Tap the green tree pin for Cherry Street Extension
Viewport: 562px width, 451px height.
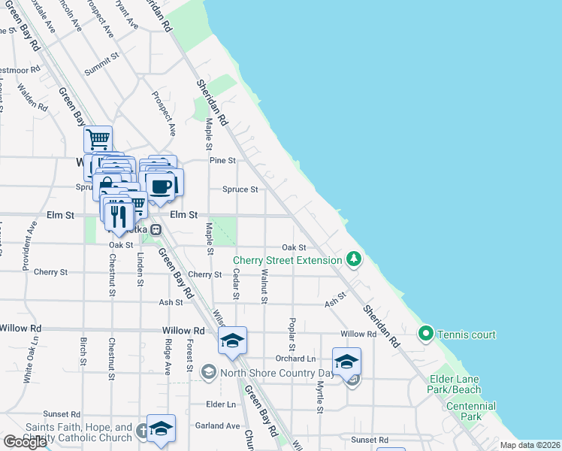(x=354, y=260)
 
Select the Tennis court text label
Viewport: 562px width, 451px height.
(x=467, y=334)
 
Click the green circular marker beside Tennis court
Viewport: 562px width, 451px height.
(x=425, y=332)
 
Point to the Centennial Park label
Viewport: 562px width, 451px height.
(x=470, y=411)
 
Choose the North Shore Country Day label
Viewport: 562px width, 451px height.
(x=276, y=372)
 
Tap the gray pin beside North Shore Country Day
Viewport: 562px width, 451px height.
(x=209, y=371)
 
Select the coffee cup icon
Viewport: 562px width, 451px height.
(x=160, y=186)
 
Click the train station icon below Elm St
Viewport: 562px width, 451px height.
(x=156, y=230)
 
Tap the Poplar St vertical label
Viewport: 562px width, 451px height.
(x=291, y=334)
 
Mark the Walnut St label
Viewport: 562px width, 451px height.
(x=264, y=289)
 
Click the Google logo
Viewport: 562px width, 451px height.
(x=25, y=442)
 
